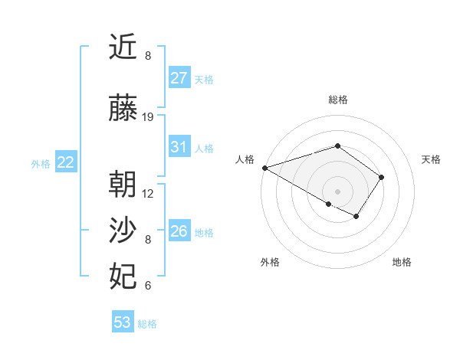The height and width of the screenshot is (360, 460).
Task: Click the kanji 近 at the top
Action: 123,47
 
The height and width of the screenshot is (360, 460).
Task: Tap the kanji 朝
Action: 123,185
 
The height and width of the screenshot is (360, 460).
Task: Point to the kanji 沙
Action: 123,231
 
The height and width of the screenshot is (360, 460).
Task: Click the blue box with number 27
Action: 179,78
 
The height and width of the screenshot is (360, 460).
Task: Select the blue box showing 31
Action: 179,147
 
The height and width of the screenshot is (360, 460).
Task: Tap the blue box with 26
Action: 179,231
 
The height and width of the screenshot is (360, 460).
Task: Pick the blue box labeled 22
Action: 66,162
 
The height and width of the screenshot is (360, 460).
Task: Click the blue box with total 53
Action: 123,322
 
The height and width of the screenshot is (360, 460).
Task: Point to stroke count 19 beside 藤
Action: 148,117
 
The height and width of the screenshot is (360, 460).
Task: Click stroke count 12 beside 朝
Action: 148,193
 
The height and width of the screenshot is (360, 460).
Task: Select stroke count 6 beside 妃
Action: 148,286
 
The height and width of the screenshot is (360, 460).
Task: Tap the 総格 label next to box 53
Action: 147,324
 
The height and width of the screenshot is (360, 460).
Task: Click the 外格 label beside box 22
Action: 41,163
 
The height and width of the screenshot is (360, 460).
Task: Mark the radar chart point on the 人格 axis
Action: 264,168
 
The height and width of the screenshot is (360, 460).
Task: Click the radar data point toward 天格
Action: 381,177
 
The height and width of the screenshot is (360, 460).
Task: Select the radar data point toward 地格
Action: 356,217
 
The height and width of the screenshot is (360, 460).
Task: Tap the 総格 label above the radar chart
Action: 337,100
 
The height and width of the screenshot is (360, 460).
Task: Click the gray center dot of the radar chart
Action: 337,191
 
